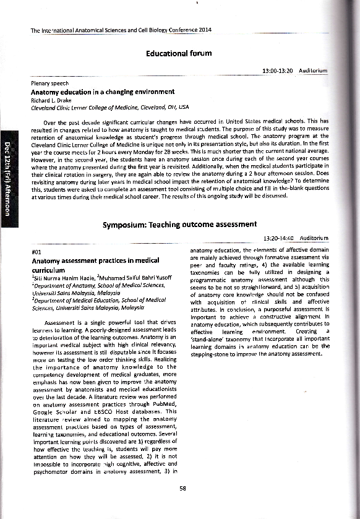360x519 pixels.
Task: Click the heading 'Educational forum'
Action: click(179, 54)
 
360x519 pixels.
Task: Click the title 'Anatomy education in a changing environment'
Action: click(93, 92)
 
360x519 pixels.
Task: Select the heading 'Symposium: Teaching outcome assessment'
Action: click(179, 224)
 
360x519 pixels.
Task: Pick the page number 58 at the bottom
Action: click(182, 488)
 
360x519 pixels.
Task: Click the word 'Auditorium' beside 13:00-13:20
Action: click(313, 72)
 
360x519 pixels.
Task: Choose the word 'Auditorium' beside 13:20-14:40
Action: click(313, 238)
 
